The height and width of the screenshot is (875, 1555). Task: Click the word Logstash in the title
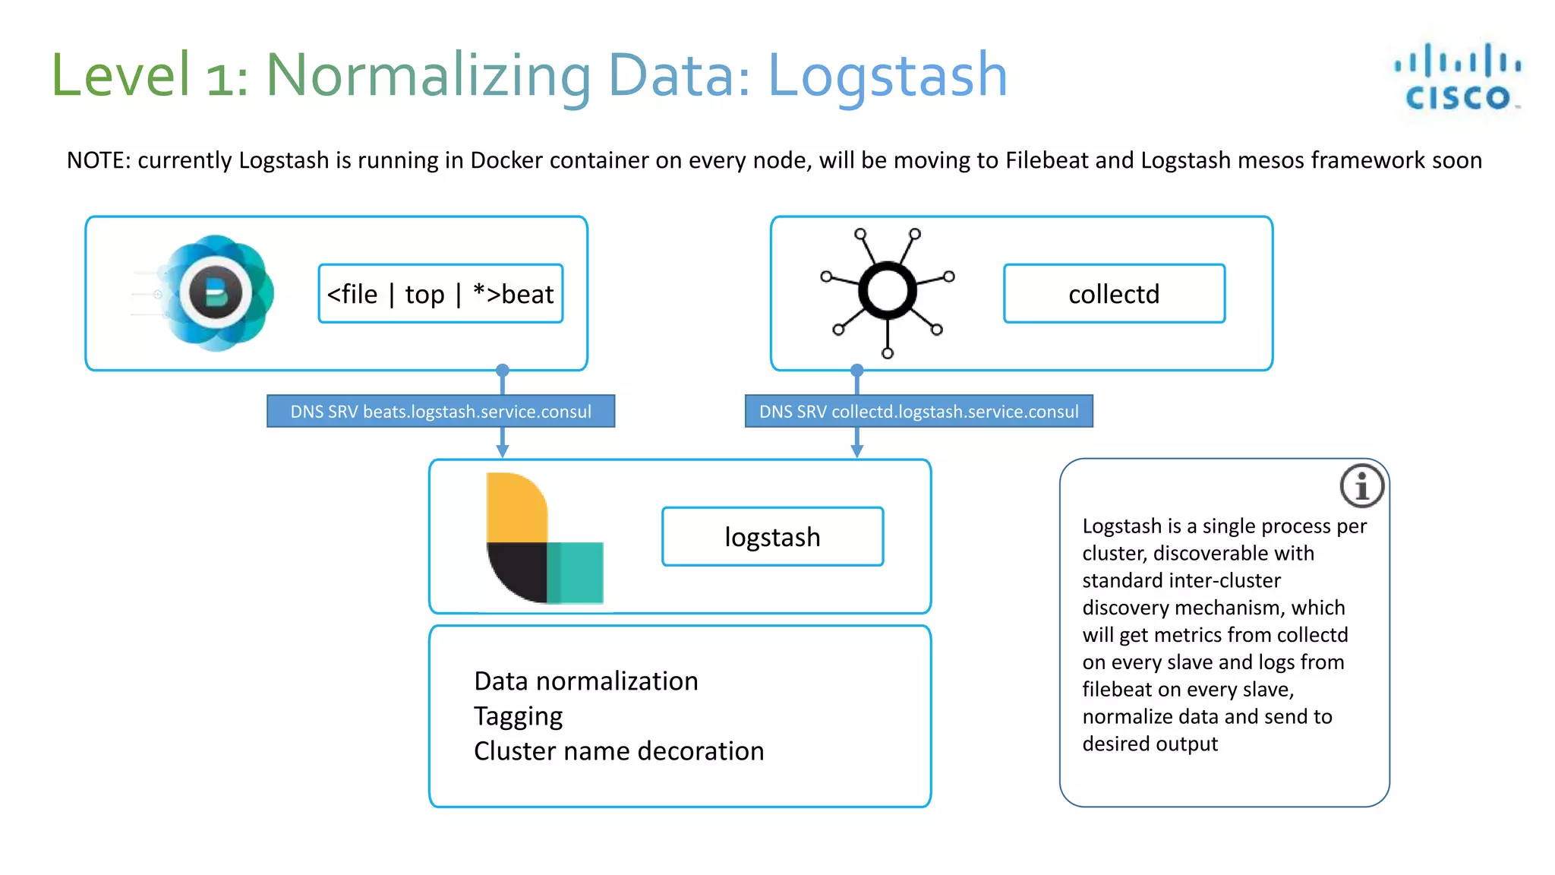click(x=887, y=76)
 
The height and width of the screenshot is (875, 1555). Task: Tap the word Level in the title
click(x=121, y=76)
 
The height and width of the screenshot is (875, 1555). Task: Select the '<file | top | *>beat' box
click(x=440, y=294)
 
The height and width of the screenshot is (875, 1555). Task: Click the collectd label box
click(x=1114, y=294)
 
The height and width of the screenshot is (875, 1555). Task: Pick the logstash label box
click(x=772, y=537)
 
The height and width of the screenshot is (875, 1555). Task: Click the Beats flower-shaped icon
click(x=216, y=293)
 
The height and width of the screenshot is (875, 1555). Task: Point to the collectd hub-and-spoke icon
click(x=887, y=292)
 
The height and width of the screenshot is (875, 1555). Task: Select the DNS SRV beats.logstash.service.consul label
click(x=440, y=412)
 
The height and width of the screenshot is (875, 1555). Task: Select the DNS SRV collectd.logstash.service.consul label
click(x=919, y=412)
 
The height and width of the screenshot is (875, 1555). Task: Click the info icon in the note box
click(x=1362, y=486)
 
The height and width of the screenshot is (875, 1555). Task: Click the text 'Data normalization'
click(x=585, y=681)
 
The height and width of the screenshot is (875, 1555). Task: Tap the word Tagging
click(x=518, y=716)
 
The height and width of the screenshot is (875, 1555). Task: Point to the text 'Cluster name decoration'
click(x=619, y=751)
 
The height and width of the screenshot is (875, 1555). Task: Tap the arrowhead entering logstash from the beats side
click(x=502, y=451)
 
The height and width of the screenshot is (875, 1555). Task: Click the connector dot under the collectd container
click(x=857, y=371)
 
